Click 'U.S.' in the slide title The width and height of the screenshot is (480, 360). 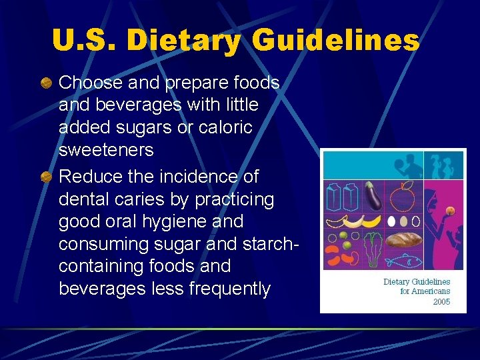pos(83,41)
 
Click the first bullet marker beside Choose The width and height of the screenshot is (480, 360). pos(46,83)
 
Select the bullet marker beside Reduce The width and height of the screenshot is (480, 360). pos(46,177)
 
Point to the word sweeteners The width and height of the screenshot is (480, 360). pos(106,150)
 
